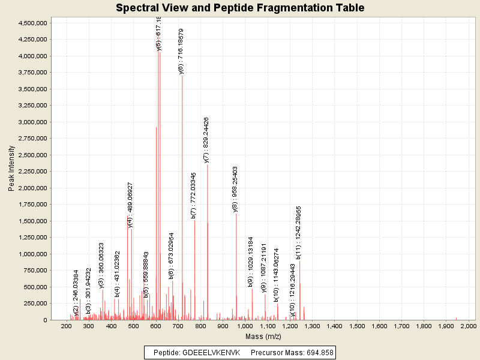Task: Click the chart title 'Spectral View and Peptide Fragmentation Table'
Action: click(x=240, y=8)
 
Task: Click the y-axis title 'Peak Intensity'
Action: click(x=11, y=170)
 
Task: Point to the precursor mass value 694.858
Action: click(x=318, y=352)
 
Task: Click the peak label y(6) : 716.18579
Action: click(x=181, y=51)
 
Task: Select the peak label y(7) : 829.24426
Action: click(x=206, y=140)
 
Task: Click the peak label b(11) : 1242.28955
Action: click(x=298, y=233)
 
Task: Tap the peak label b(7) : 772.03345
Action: click(x=193, y=196)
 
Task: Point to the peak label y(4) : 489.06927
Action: click(x=130, y=205)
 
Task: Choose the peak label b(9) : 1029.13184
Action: click(x=251, y=262)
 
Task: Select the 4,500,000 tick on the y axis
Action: click(x=31, y=23)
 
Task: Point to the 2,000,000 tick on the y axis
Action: click(x=31, y=188)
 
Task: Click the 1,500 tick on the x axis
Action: click(x=356, y=326)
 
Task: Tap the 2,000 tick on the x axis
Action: click(x=468, y=326)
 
